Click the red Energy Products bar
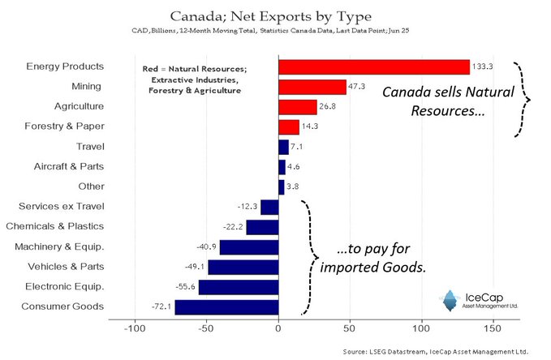(x=373, y=66)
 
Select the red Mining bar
(x=312, y=87)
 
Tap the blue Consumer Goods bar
(x=226, y=306)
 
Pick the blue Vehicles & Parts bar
(x=243, y=267)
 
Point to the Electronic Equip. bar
(x=239, y=287)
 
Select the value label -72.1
(x=160, y=307)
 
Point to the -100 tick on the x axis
(x=135, y=331)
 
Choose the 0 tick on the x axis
(x=278, y=331)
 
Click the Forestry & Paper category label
(x=69, y=126)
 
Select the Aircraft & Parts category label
(x=69, y=166)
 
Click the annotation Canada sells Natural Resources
(x=449, y=101)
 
